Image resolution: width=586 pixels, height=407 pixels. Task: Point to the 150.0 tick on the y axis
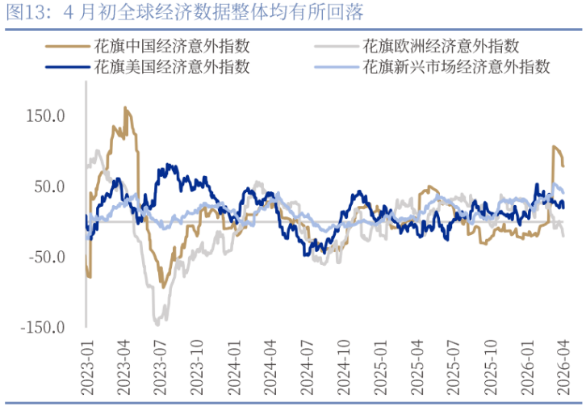point(45,116)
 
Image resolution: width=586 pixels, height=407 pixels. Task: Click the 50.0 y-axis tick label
point(48,187)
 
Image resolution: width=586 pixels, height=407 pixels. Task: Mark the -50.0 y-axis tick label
point(45,257)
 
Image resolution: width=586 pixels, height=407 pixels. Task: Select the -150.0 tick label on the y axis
point(42,327)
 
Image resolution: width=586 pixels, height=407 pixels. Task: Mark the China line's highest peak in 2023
point(125,107)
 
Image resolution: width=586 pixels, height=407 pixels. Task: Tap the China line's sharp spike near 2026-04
point(555,147)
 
